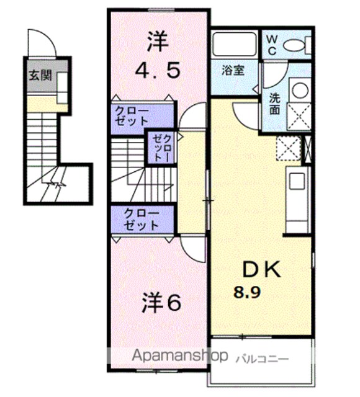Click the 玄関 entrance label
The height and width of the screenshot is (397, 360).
pyautogui.click(x=40, y=76)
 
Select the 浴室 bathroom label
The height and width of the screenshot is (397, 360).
pyautogui.click(x=233, y=70)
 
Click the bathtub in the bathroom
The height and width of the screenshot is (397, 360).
pyautogui.click(x=234, y=44)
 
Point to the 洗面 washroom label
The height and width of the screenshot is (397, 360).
pyautogui.click(x=274, y=104)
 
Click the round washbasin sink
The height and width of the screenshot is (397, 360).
pyautogui.click(x=300, y=90)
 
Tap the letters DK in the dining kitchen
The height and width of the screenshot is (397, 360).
pyautogui.click(x=261, y=269)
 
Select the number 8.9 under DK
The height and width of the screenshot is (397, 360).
pyautogui.click(x=247, y=292)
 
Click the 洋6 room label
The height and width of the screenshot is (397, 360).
pyautogui.click(x=161, y=303)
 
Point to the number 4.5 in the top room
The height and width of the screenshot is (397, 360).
pyautogui.click(x=158, y=70)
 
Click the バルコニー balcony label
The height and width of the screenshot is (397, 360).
pyautogui.click(x=263, y=359)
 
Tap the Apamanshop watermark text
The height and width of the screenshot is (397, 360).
pyautogui.click(x=179, y=356)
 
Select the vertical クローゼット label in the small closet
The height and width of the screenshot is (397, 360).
pyautogui.click(x=161, y=148)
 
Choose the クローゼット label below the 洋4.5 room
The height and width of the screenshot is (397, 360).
pyautogui.click(x=132, y=116)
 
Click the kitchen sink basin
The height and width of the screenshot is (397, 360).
pyautogui.click(x=296, y=181)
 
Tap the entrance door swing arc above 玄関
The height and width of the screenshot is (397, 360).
pyautogui.click(x=43, y=38)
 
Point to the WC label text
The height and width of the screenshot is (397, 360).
pyautogui.click(x=272, y=45)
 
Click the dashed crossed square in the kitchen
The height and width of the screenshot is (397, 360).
pyautogui.click(x=288, y=148)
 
